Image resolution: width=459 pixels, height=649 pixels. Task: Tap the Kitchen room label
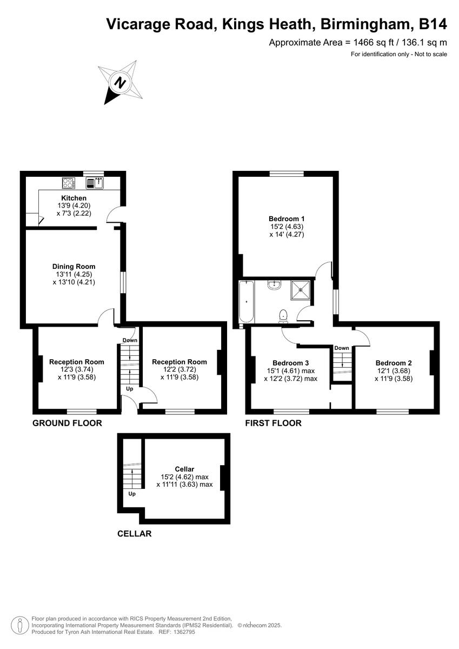[x=74, y=198]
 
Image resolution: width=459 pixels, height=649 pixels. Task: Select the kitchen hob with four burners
[x=69, y=183]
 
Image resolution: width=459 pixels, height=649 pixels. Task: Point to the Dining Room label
[x=74, y=266]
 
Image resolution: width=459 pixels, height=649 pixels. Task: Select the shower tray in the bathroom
[x=302, y=290]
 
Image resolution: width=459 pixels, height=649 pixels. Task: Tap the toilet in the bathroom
[x=283, y=315]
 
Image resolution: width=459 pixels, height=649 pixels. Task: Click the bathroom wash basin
[x=275, y=284]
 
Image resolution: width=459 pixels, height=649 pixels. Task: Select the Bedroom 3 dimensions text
[x=290, y=375]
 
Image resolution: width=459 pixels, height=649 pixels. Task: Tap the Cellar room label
[x=184, y=468]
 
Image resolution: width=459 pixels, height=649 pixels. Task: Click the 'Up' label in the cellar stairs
[x=132, y=494]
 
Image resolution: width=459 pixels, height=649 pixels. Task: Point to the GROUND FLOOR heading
[x=67, y=423]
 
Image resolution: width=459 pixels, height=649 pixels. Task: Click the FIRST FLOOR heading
[x=273, y=423]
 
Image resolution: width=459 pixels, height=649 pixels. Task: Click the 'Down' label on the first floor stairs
[x=341, y=348]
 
